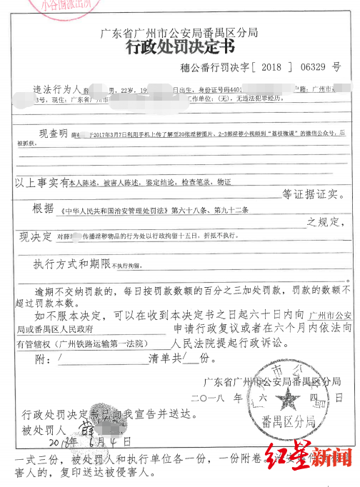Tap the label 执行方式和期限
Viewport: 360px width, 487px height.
pyautogui.click(x=71, y=263)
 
